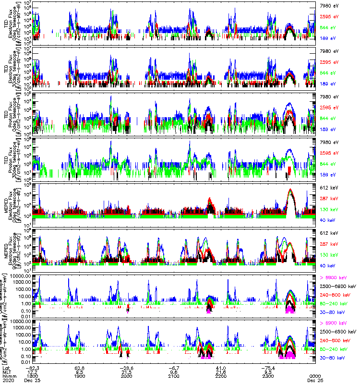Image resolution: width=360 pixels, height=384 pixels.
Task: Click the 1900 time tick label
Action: tap(80, 377)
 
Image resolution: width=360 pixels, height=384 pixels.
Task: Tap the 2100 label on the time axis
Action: tap(174, 377)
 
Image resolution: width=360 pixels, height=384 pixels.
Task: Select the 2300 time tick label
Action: tap(268, 377)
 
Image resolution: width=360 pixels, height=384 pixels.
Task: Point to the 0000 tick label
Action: tap(315, 377)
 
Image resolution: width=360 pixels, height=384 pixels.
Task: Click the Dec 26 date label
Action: tap(315, 381)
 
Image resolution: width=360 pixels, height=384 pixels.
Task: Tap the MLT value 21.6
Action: tap(221, 372)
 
